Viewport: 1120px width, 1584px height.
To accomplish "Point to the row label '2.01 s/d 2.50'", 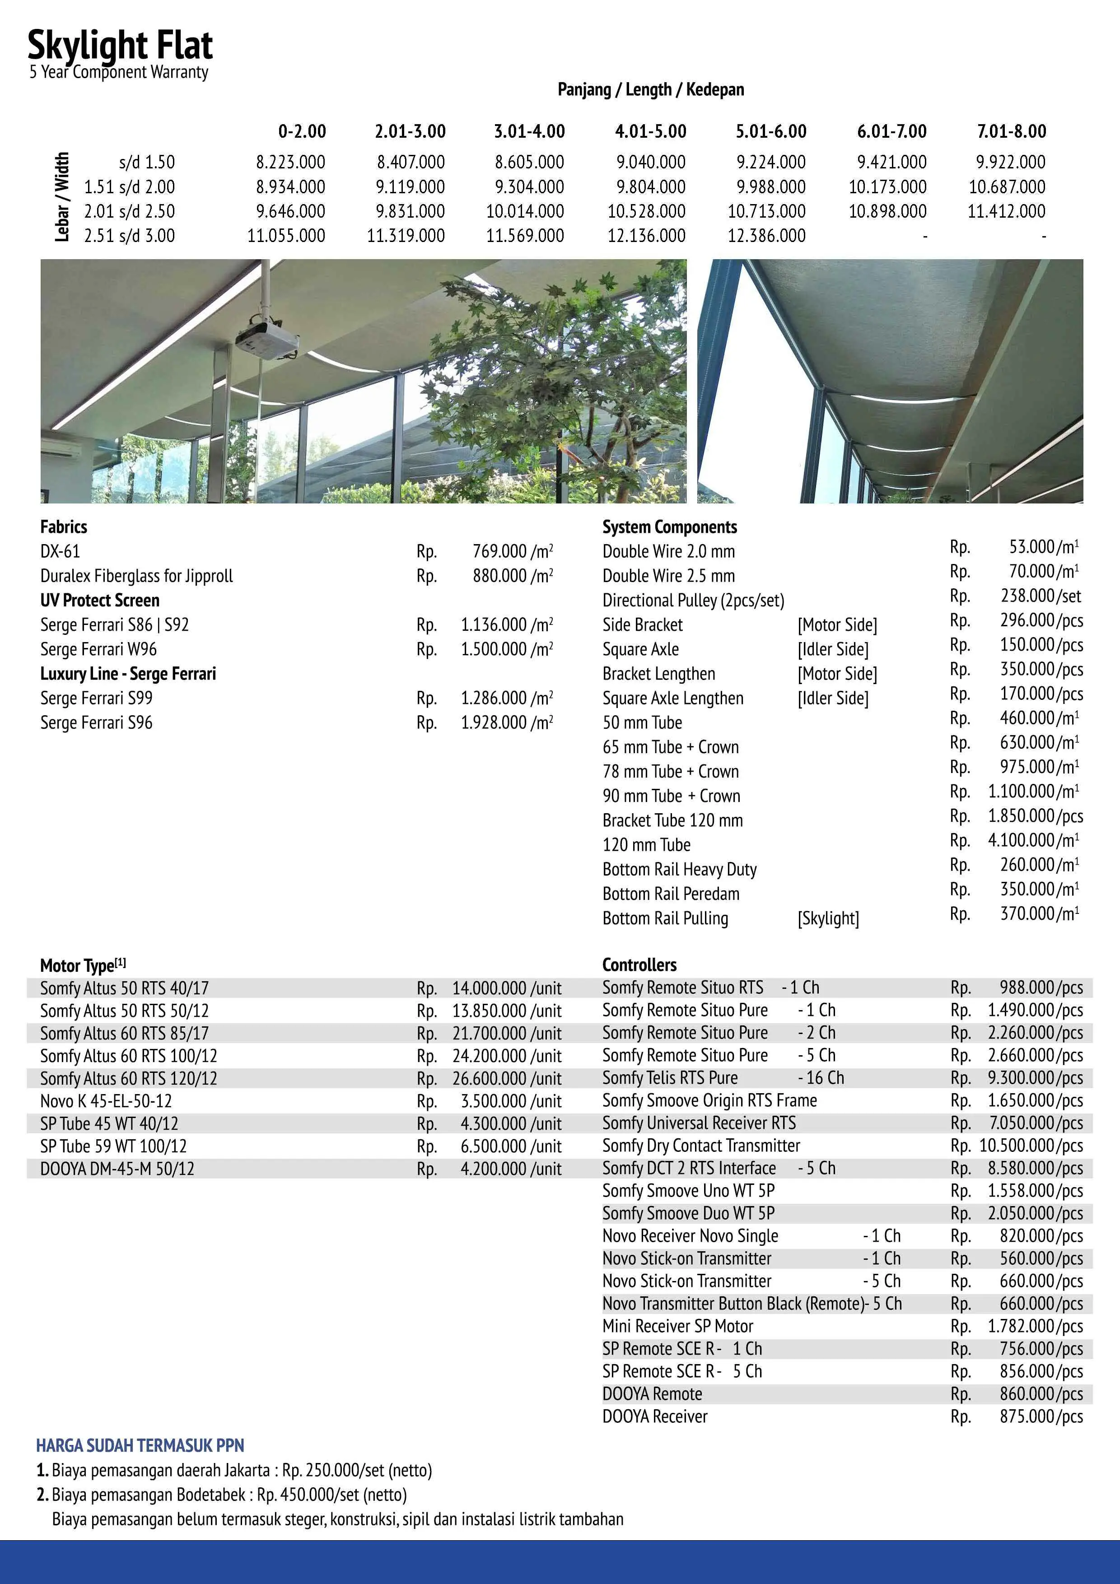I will [129, 211].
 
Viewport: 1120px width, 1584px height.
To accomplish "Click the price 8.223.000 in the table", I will [290, 162].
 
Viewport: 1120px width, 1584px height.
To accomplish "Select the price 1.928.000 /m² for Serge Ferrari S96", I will [507, 722].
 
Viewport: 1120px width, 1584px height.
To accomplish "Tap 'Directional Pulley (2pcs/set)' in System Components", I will [693, 600].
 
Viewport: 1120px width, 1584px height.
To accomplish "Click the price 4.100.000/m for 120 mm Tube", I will [1033, 840].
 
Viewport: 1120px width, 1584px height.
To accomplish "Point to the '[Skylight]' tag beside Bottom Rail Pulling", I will [828, 918].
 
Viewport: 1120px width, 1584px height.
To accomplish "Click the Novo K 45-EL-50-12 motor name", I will [106, 1101].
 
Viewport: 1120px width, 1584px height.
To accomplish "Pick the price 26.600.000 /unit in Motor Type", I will [507, 1078].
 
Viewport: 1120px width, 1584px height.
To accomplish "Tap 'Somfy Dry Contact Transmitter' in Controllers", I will [700, 1145].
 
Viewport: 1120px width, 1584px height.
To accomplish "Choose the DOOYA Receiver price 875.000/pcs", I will [1041, 1416].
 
